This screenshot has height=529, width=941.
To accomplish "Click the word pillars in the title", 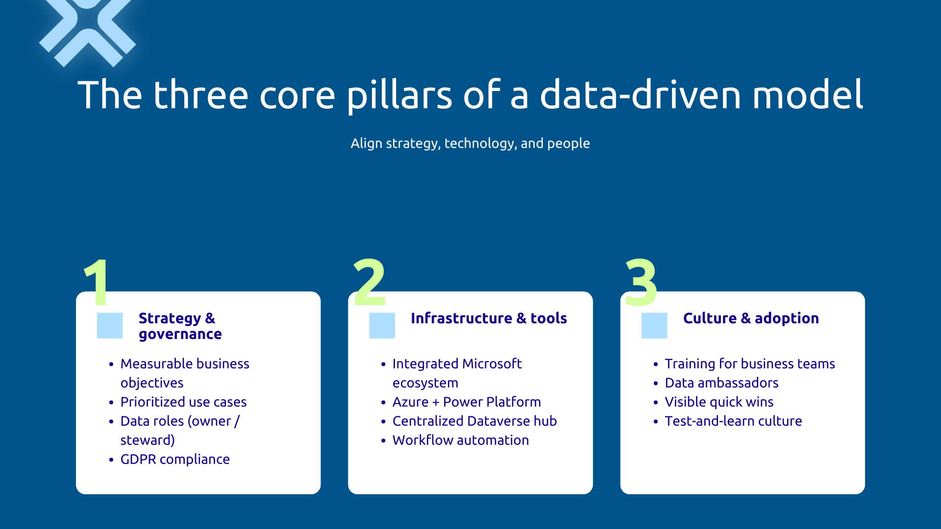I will (399, 96).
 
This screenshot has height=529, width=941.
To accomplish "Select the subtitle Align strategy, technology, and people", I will (470, 143).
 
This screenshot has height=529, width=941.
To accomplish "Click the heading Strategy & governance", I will (180, 326).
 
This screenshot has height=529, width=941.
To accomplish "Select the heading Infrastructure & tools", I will (489, 318).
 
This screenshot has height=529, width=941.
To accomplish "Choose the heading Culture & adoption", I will (751, 318).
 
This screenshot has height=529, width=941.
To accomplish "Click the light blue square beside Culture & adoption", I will (654, 326).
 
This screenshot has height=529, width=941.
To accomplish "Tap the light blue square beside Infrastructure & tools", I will (382, 326).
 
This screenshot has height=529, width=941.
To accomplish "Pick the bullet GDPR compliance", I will (175, 459).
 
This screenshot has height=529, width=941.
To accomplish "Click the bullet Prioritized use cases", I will (183, 402).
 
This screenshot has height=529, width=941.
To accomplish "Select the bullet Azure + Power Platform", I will (467, 402).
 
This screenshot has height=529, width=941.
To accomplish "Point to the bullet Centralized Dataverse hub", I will (474, 421).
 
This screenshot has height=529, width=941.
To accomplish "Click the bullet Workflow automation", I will (461, 440).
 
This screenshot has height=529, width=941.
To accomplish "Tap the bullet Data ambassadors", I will (721, 383).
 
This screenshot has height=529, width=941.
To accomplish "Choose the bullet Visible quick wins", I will (719, 402).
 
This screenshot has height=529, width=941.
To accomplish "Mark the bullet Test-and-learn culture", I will (733, 421).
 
